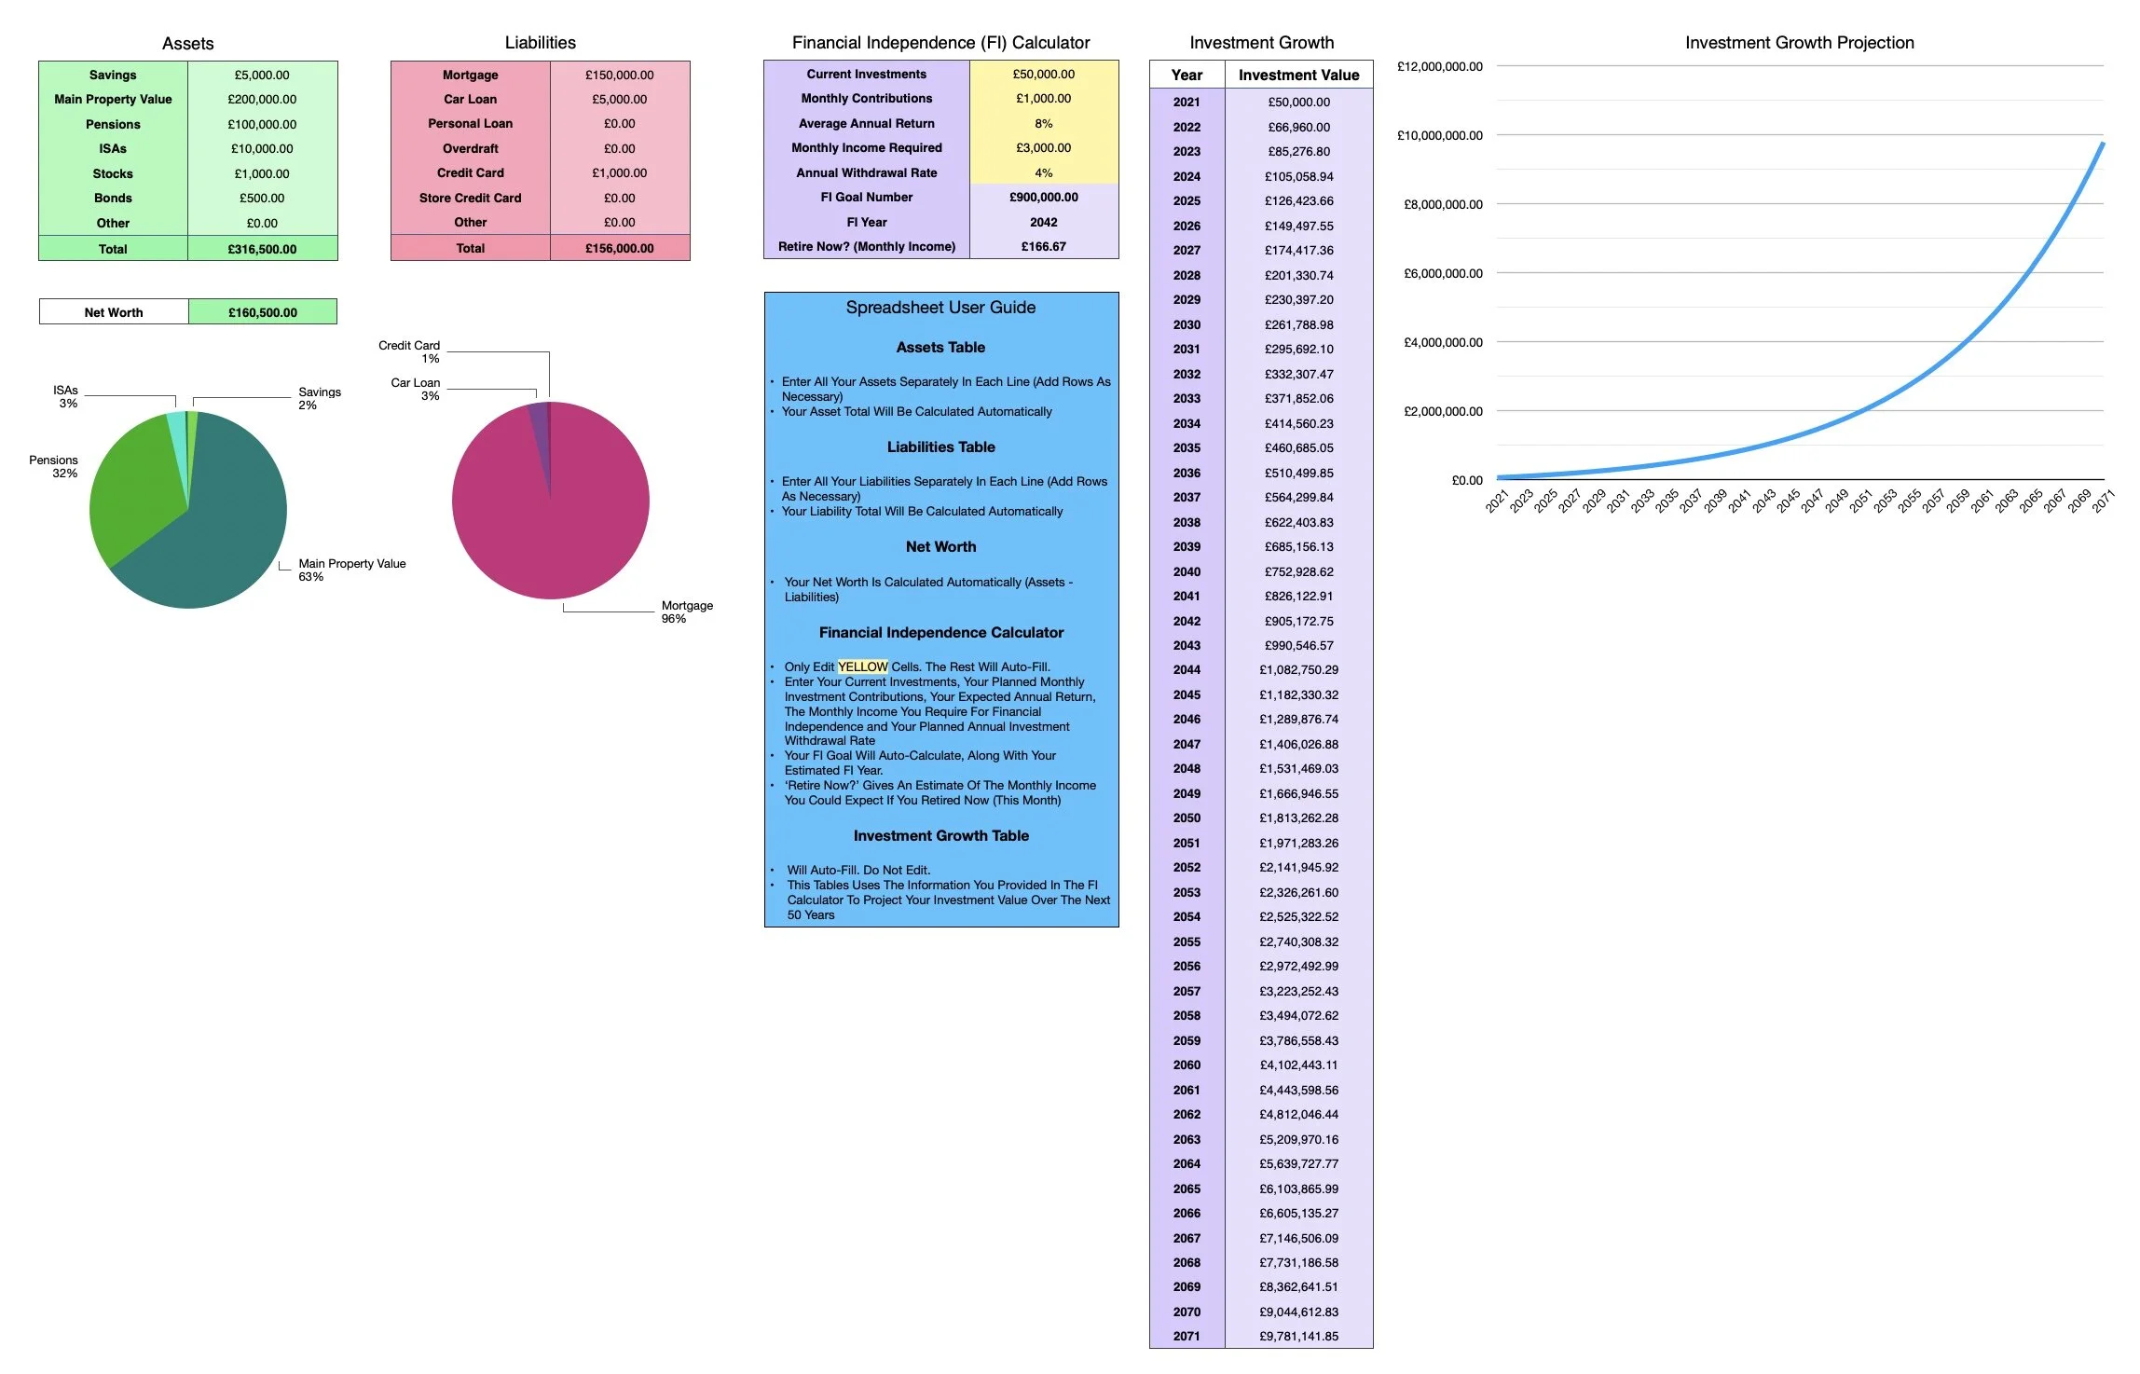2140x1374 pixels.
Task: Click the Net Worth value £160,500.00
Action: click(262, 312)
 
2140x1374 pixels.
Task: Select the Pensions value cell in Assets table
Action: click(262, 124)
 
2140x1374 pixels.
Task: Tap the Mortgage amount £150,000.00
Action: click(619, 75)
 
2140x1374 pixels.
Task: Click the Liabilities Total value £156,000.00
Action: click(619, 248)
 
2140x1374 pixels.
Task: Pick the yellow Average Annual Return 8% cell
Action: click(1043, 123)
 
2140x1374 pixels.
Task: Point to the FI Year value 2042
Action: click(1043, 222)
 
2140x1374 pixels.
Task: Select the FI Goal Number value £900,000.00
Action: click(1043, 197)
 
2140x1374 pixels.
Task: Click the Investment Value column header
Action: click(1297, 75)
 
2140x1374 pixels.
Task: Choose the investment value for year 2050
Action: click(1297, 818)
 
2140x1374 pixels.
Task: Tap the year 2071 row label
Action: click(1186, 1336)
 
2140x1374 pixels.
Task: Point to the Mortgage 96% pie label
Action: click(686, 611)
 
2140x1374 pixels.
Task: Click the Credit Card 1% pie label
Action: click(410, 351)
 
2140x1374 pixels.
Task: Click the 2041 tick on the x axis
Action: click(1738, 501)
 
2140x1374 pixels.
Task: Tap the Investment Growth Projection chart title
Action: click(1799, 43)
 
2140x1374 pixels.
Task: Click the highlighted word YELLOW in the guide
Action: click(862, 666)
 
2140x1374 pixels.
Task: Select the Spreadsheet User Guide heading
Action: click(940, 308)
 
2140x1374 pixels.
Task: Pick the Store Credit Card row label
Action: click(470, 198)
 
